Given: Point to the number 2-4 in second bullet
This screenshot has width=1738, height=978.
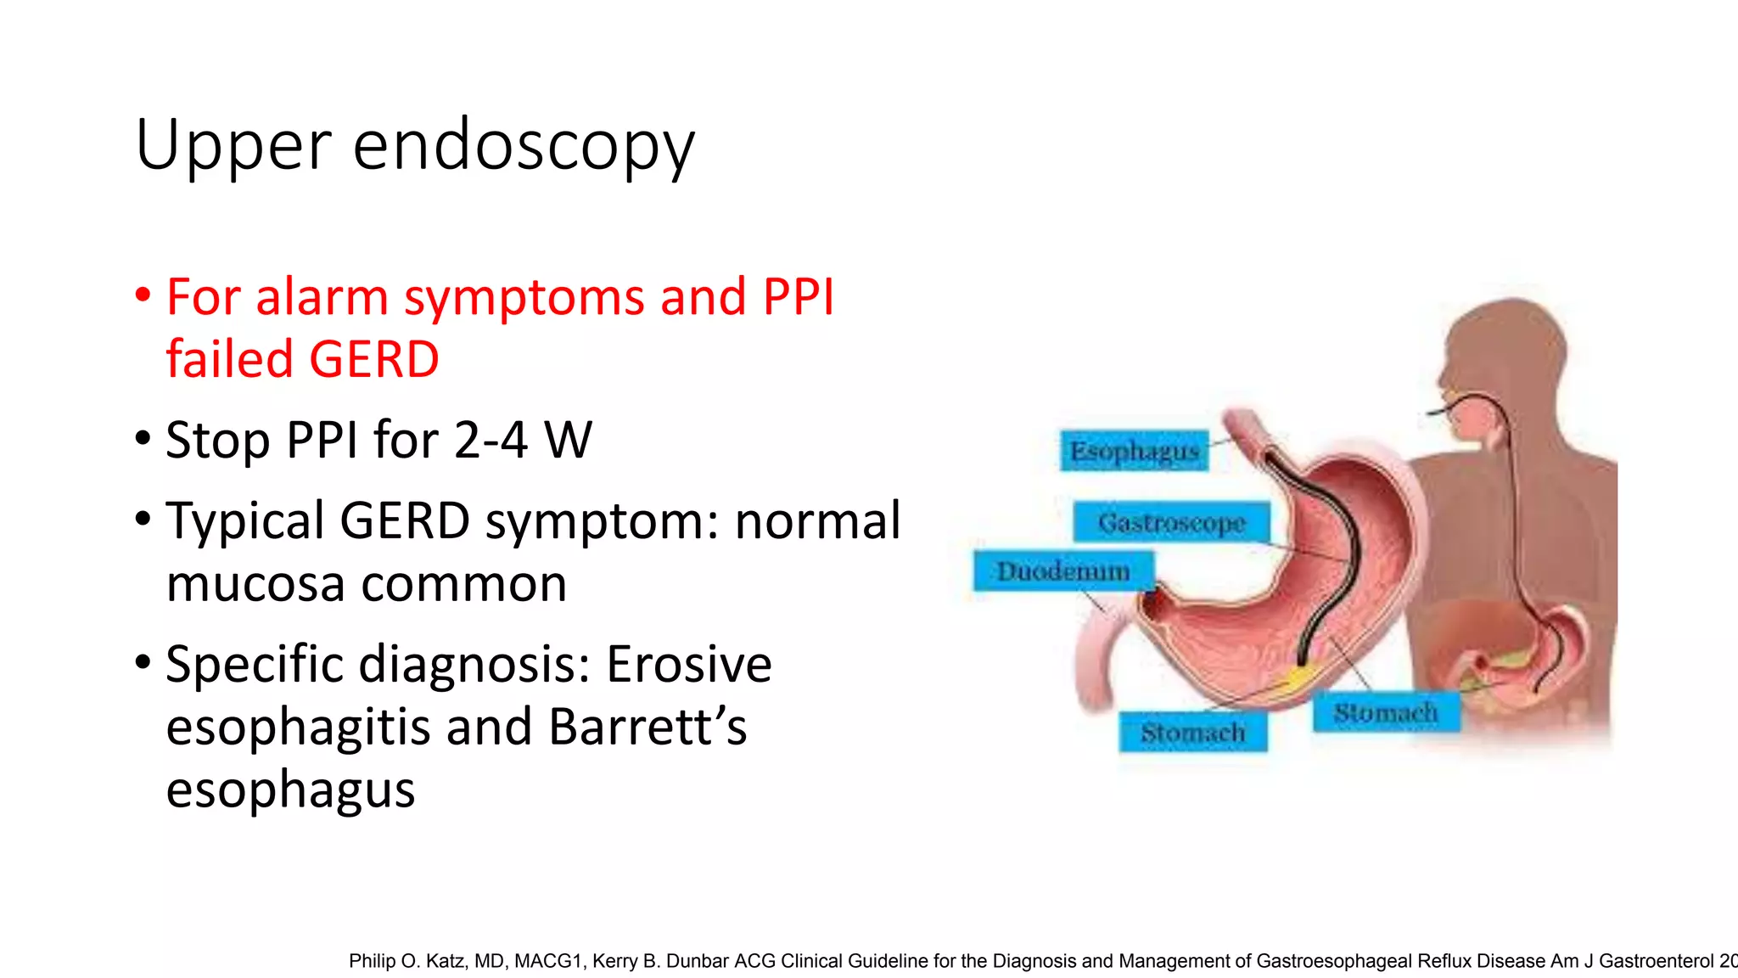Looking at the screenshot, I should pyautogui.click(x=491, y=440).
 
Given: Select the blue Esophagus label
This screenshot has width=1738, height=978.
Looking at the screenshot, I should pyautogui.click(x=1134, y=451).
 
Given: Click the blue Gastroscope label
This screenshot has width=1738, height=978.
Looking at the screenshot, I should pyautogui.click(x=1171, y=522).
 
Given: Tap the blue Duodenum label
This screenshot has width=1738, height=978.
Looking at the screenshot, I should pyautogui.click(x=1062, y=571).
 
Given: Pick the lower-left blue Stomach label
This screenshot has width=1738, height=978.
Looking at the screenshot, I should pyautogui.click(x=1192, y=733).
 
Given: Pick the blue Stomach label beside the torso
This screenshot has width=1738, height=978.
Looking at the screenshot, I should pyautogui.click(x=1386, y=713).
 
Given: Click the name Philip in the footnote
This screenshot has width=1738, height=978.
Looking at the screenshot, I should pyautogui.click(x=372, y=961).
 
